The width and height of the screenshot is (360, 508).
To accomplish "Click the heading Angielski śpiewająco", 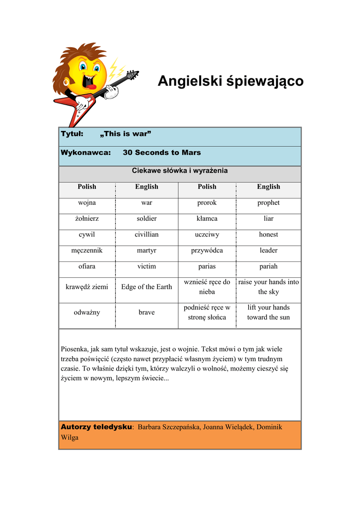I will click(230, 81).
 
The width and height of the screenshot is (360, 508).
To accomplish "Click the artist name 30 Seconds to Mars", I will click(162, 152).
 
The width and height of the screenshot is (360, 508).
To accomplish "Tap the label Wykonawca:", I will click(85, 152).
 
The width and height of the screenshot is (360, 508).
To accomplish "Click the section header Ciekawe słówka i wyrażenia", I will click(180, 171).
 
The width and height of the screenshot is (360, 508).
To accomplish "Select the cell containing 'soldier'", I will click(146, 218).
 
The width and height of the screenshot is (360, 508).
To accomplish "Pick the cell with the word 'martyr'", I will click(146, 251).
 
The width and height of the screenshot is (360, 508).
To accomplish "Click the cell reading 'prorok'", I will click(207, 202).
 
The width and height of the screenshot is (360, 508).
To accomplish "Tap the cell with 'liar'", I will click(269, 218).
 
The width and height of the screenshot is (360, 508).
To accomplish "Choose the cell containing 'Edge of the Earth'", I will click(146, 287).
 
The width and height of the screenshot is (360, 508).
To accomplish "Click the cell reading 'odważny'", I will click(87, 312).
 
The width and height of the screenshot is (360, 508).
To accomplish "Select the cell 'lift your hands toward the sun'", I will click(269, 312).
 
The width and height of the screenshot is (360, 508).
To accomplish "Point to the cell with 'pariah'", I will click(269, 266).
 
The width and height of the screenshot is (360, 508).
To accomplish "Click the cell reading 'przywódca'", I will click(207, 251).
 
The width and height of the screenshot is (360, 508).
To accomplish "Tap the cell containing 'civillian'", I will click(146, 234).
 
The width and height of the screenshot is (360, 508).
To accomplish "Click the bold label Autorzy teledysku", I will click(96, 427).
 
